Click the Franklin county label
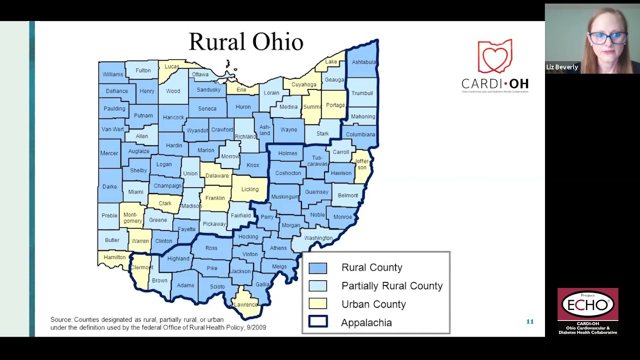pos(215,198)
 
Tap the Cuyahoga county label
pos(303,84)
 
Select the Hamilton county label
pos(114,257)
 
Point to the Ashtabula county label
pos(363,62)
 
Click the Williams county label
pos(112,74)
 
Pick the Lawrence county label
pos(245,304)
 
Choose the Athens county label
pos(278,248)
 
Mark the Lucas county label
pos(171,66)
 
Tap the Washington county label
pos(318,238)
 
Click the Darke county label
pos(109,186)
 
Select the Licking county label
pos(250,189)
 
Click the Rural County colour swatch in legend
pos(317,268)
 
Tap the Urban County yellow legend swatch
pos(317,304)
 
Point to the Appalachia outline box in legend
pos(317,322)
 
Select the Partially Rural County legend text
pos(391,286)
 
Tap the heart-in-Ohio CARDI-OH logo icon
pos(494,56)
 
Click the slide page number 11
pos(529,321)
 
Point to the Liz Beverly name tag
pos(562,67)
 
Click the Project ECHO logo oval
pos(587,304)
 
